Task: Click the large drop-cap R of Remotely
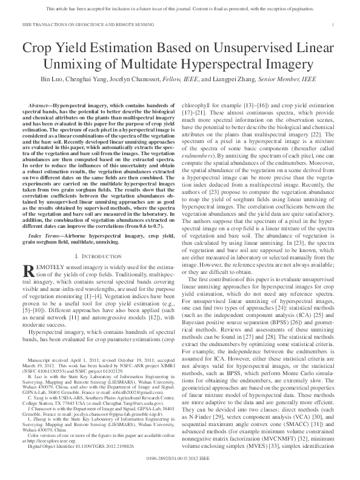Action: tap(28, 272)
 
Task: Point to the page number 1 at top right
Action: tap(334, 24)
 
